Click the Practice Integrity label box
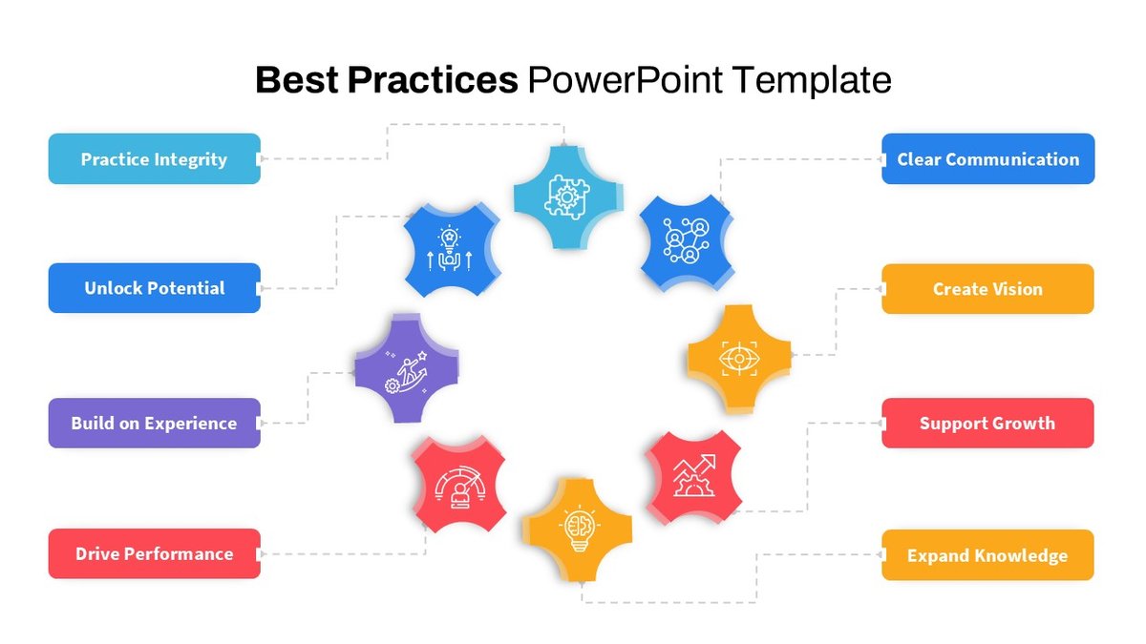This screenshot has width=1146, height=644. tap(155, 159)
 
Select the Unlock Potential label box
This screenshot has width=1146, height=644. tap(155, 288)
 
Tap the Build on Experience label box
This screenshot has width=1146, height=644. tap(155, 424)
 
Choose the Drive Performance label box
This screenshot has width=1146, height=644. tap(155, 553)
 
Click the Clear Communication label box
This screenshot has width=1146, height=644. tap(987, 159)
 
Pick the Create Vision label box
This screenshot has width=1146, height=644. tap(987, 289)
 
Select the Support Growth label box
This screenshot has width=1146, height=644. tap(987, 424)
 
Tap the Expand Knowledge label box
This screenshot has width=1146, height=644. tap(987, 555)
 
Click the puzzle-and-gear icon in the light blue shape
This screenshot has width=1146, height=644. tap(567, 197)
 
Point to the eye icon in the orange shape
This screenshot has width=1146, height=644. tap(739, 359)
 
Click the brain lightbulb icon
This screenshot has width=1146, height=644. tap(580, 530)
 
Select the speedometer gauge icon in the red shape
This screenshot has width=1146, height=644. tap(459, 488)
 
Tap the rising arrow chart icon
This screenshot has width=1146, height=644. tap(694, 475)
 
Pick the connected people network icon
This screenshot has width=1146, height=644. tap(686, 240)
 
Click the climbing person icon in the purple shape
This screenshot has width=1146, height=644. tap(406, 371)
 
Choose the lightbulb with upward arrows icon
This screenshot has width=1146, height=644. tap(449, 248)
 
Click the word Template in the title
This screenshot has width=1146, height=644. tap(812, 81)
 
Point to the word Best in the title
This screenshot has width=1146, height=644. tap(297, 80)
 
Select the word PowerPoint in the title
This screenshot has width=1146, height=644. tap(625, 80)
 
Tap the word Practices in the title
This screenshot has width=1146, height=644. tap(433, 80)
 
